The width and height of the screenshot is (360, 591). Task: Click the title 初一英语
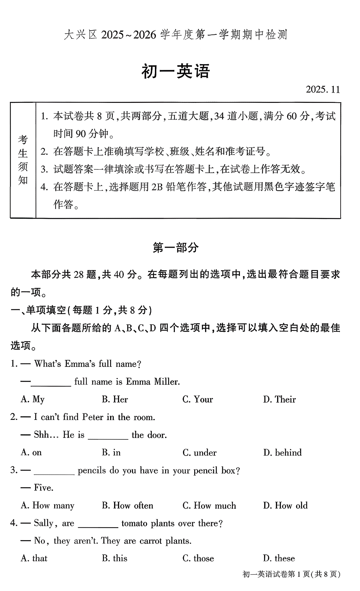175,72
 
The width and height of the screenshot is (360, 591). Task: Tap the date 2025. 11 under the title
323,90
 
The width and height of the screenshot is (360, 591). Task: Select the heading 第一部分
175,247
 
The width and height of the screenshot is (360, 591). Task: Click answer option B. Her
115,399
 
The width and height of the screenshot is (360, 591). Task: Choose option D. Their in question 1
279,399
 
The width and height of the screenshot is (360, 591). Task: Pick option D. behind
282,452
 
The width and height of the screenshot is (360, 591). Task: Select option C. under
200,452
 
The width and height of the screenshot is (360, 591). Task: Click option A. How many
47,505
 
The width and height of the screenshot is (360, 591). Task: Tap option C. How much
209,505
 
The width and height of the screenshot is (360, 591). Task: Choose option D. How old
285,505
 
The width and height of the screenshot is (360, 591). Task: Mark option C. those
198,558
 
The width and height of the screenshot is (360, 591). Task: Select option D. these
279,558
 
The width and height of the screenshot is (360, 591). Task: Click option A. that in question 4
34,558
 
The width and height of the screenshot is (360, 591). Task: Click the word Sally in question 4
44,523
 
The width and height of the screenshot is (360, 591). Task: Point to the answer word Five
43,488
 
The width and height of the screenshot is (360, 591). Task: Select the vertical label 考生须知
23,160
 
